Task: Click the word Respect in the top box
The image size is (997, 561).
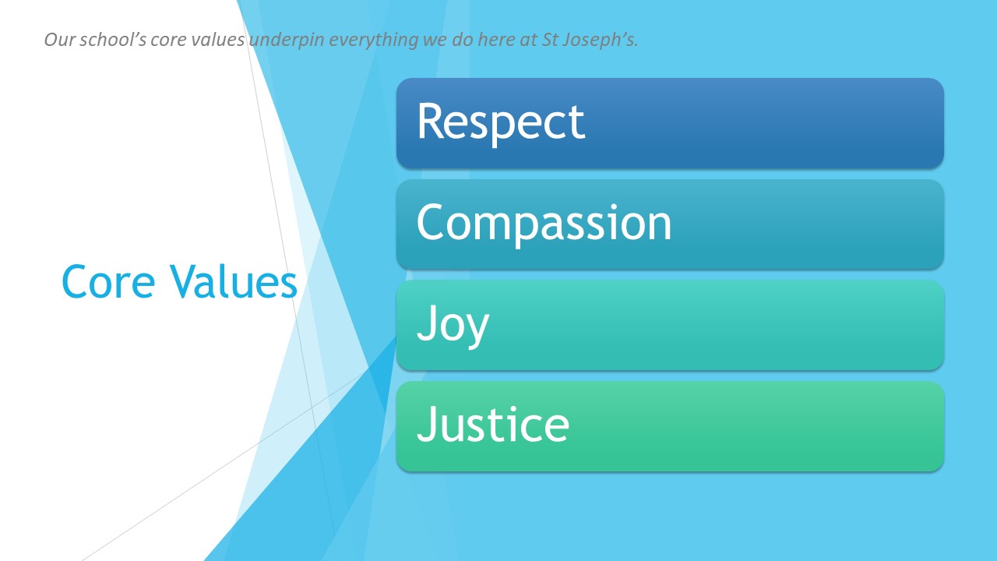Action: point(500,122)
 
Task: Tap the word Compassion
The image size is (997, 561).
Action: point(544,223)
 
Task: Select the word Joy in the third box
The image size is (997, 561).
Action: point(453,324)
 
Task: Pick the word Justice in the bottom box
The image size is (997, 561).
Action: point(493,425)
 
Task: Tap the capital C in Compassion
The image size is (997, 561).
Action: point(432,223)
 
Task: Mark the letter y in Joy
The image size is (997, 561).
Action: point(477,327)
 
